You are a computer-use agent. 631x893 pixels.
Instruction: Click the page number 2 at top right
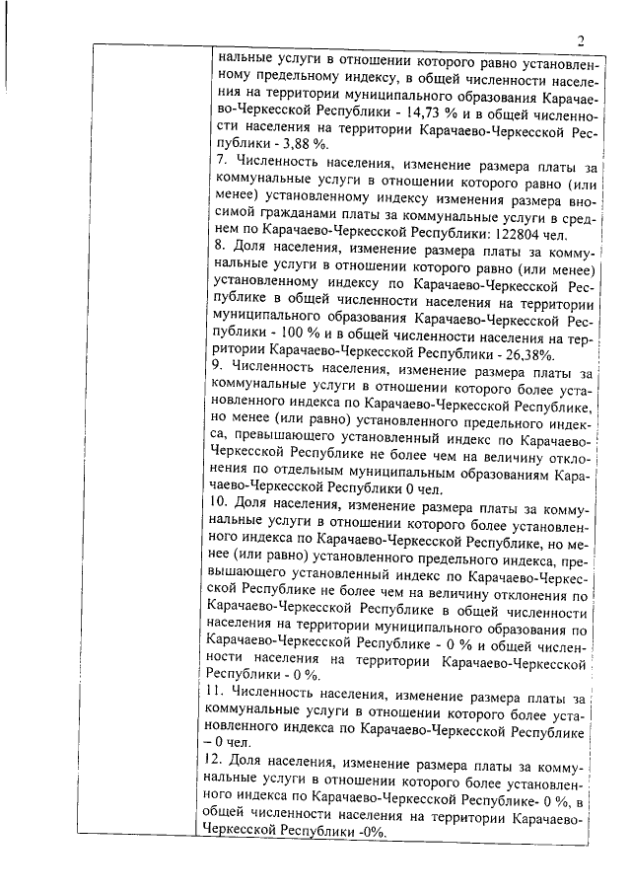(582, 40)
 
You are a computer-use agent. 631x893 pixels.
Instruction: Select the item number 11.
(224, 692)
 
